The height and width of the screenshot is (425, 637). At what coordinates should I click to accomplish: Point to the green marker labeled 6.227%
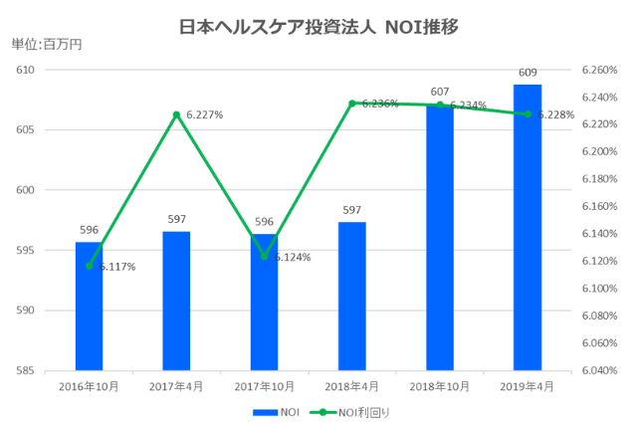coord(176,114)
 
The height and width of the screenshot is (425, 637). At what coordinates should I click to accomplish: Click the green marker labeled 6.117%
coord(89,266)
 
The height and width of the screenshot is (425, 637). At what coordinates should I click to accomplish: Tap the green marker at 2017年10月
coord(264,256)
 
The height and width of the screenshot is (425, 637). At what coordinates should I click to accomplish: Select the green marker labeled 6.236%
coord(352,103)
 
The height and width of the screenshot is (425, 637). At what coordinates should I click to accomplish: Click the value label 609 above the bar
coord(528,73)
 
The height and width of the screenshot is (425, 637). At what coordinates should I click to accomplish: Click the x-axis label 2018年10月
coord(440,385)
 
